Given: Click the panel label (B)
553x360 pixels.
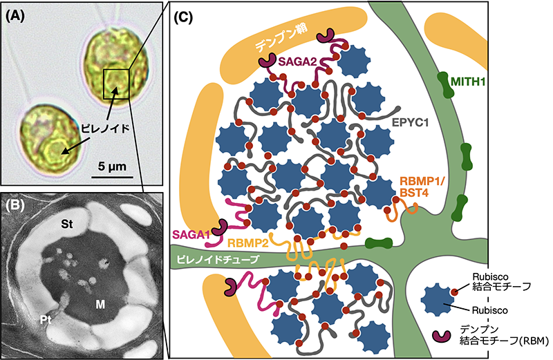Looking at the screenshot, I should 17,205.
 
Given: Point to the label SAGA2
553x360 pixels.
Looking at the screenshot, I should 298,63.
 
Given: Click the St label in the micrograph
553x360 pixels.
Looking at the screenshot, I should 68,225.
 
